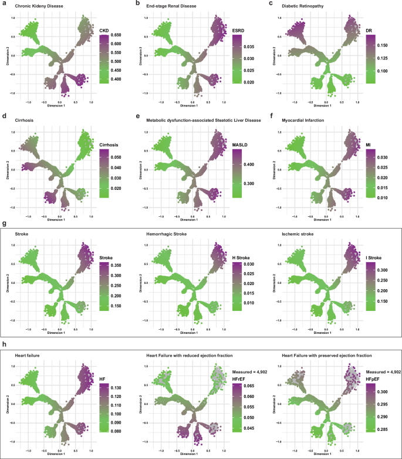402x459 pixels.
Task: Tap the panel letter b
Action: click(x=137, y=4)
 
